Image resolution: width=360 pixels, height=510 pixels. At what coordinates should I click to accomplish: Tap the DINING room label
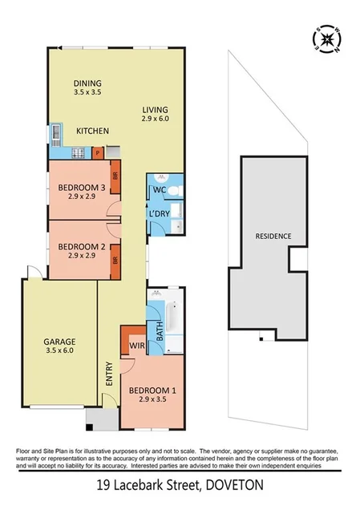88,83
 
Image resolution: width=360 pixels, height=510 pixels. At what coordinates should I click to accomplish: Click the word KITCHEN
92,131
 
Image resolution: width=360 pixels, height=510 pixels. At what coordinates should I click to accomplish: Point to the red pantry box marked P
97,151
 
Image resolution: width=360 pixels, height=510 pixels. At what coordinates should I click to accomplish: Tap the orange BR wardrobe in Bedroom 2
115,260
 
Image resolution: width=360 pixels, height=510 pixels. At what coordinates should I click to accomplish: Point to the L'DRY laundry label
157,215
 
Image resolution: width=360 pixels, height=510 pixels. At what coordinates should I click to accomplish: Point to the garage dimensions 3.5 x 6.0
58,350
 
